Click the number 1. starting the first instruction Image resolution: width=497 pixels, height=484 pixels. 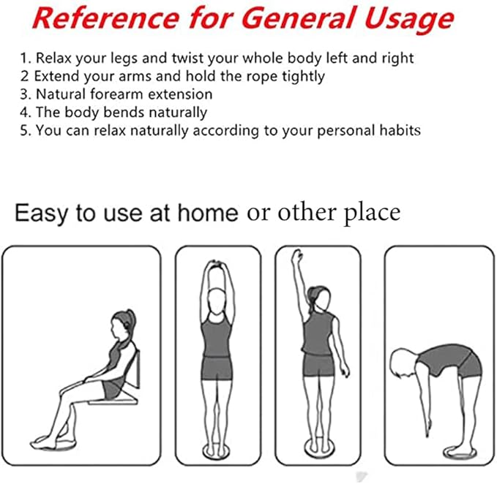pyautogui.click(x=26, y=58)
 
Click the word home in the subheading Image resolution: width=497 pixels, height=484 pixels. pyautogui.click(x=208, y=213)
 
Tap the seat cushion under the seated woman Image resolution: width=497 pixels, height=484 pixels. pyautogui.click(x=113, y=401)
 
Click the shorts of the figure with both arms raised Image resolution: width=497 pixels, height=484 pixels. pyautogui.click(x=217, y=368)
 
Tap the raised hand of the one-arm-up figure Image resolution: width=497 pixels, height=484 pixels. pyautogui.click(x=297, y=257)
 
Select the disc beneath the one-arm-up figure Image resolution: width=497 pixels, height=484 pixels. pyautogui.click(x=318, y=448)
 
